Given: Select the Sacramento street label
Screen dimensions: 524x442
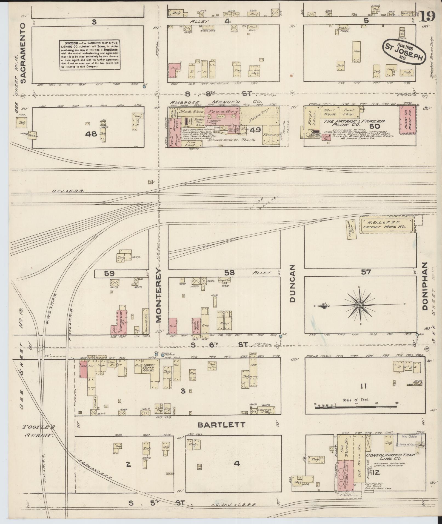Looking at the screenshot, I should [x=23, y=53].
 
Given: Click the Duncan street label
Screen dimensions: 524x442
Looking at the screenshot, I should [x=292, y=284].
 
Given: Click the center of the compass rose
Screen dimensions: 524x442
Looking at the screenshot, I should [x=359, y=305].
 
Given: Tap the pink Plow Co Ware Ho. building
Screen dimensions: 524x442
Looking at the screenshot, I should [x=407, y=120].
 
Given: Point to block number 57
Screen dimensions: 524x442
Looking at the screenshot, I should [x=366, y=272].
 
